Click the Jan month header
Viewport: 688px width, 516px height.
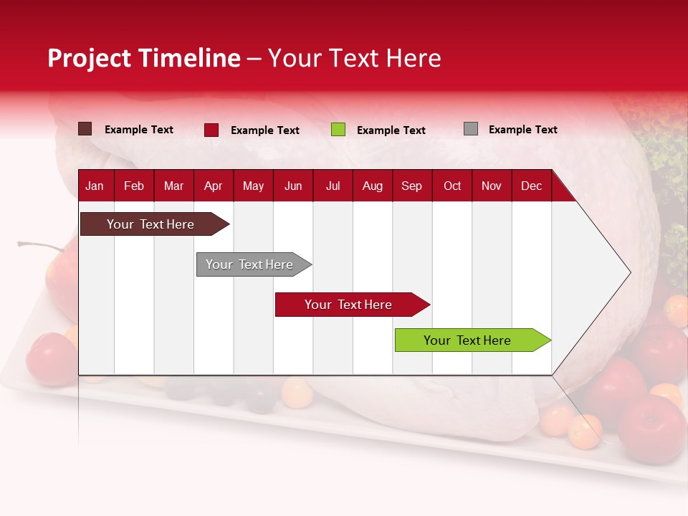tap(95, 186)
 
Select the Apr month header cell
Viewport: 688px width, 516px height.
tap(214, 186)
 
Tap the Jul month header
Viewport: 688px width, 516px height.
tap(333, 186)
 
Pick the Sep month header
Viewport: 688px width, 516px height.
tap(412, 186)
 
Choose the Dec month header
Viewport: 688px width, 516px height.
tap(531, 186)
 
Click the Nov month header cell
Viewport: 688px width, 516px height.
tap(492, 186)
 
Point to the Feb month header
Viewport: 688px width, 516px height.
tap(134, 186)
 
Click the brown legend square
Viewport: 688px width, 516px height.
tap(85, 129)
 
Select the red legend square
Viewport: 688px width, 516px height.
tap(211, 130)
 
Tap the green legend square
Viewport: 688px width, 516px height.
tap(338, 130)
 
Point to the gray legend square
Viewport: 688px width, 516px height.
tap(471, 129)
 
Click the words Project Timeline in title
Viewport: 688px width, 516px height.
tap(144, 58)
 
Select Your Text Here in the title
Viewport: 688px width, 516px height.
tap(354, 58)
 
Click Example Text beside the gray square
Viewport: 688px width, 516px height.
tap(522, 130)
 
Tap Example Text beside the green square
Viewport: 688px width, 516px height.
tap(391, 130)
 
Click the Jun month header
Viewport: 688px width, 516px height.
tap(293, 186)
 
